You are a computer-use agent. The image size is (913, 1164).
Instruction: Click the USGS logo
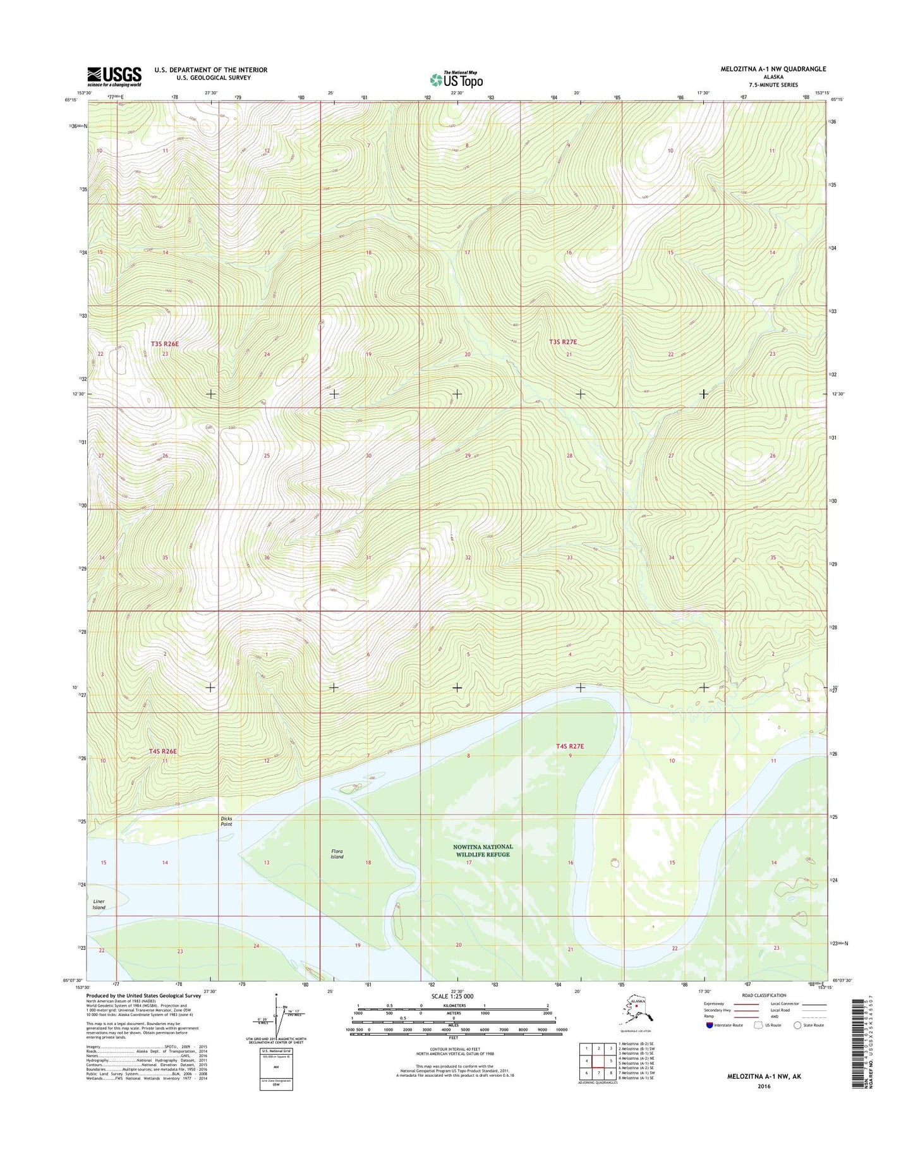114,76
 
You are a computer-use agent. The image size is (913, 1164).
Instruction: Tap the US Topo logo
456,80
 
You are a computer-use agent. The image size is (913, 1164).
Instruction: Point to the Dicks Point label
226,821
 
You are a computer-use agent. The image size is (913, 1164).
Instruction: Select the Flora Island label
337,854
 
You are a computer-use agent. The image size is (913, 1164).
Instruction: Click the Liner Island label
99,904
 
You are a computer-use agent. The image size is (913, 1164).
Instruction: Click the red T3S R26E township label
165,344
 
